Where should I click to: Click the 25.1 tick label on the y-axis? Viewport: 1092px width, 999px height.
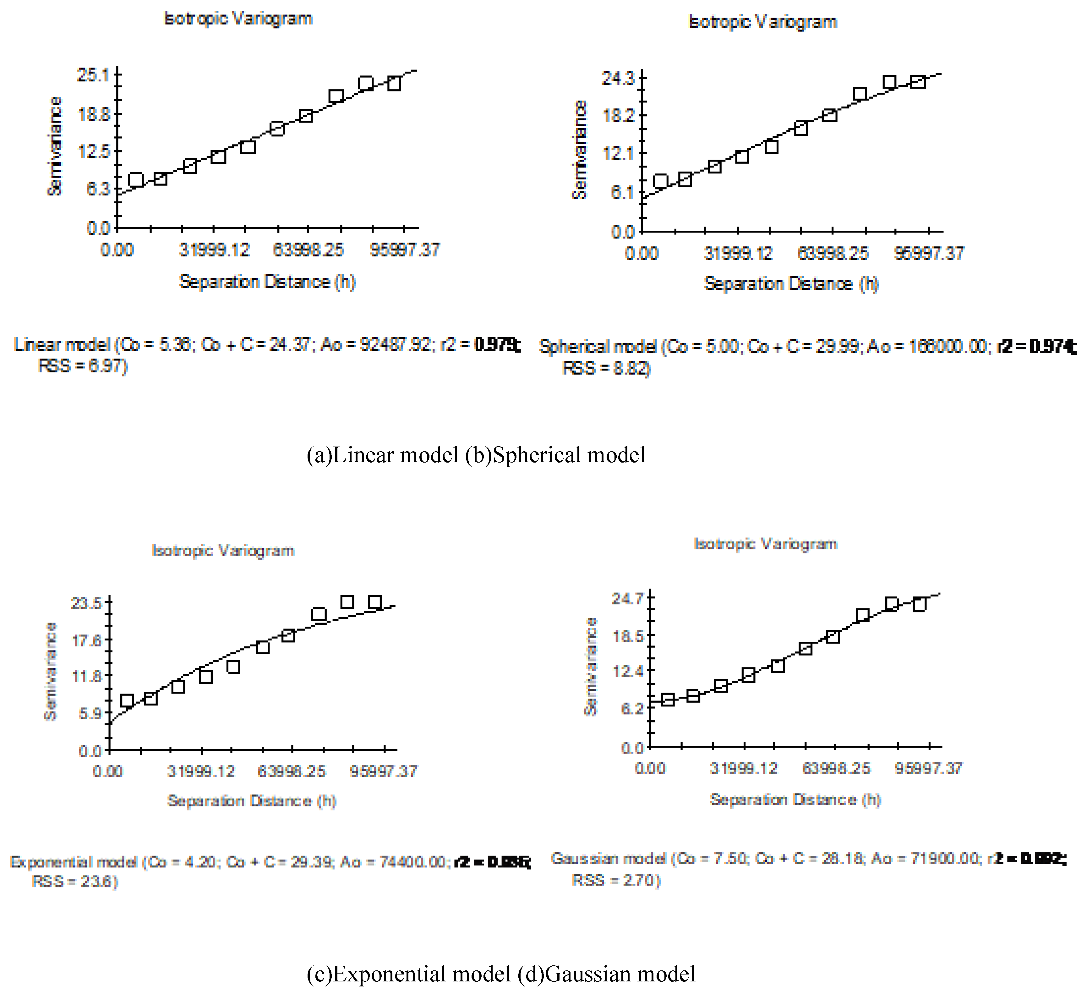pyautogui.click(x=93, y=75)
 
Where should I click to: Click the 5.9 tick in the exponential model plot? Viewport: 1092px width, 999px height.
pyautogui.click(x=90, y=713)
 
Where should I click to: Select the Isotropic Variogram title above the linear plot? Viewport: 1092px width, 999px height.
pyautogui.click(x=238, y=19)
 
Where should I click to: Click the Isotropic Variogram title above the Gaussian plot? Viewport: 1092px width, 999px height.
pyautogui.click(x=765, y=544)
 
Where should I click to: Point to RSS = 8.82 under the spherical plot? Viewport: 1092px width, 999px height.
pyautogui.click(x=607, y=368)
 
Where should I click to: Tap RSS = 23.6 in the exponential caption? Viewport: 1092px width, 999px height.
pyautogui.click(x=75, y=882)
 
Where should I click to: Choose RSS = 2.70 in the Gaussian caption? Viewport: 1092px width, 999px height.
pyautogui.click(x=616, y=880)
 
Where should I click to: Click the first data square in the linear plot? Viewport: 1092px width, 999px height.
pyautogui.click(x=136, y=180)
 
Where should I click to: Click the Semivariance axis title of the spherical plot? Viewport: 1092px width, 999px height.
pyautogui.click(x=580, y=150)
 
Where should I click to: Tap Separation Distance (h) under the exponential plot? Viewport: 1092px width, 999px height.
pyautogui.click(x=252, y=801)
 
